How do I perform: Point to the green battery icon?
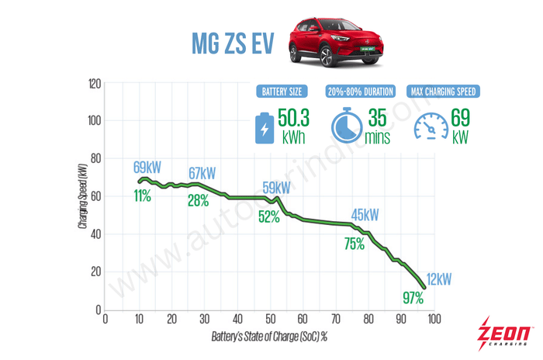[264, 126]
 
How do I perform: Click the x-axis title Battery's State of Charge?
[268, 338]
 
